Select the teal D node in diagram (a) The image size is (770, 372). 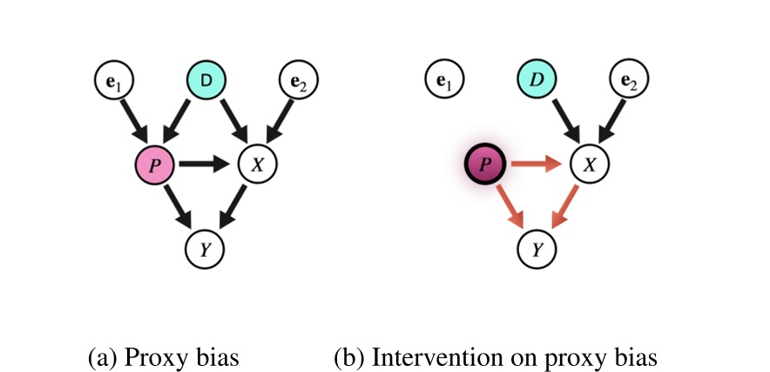click(206, 82)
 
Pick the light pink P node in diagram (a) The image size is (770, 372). click(154, 163)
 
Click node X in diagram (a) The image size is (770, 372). click(256, 163)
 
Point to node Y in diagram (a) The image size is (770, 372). click(206, 248)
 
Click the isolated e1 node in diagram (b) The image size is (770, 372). click(444, 82)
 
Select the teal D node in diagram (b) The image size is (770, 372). click(537, 82)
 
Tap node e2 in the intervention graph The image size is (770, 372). click(629, 82)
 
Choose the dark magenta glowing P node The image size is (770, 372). click(485, 163)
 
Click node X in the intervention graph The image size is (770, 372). click(588, 163)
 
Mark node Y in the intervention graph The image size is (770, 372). click(537, 248)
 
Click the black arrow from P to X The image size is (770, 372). click(205, 163)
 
